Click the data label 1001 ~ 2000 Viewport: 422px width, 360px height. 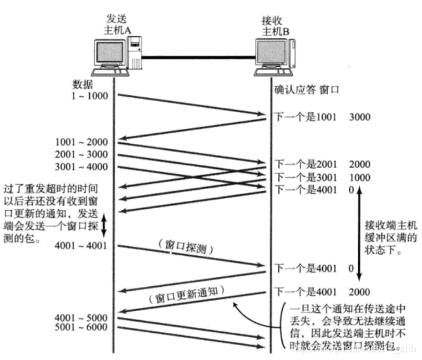point(81,142)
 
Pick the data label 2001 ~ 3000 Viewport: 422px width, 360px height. point(81,154)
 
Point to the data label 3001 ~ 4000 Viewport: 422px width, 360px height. point(81,167)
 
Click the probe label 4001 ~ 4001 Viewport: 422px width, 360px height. point(81,246)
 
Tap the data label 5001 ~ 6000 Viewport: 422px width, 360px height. point(81,327)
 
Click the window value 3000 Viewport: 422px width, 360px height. point(360,116)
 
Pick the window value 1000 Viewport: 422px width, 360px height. point(360,177)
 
